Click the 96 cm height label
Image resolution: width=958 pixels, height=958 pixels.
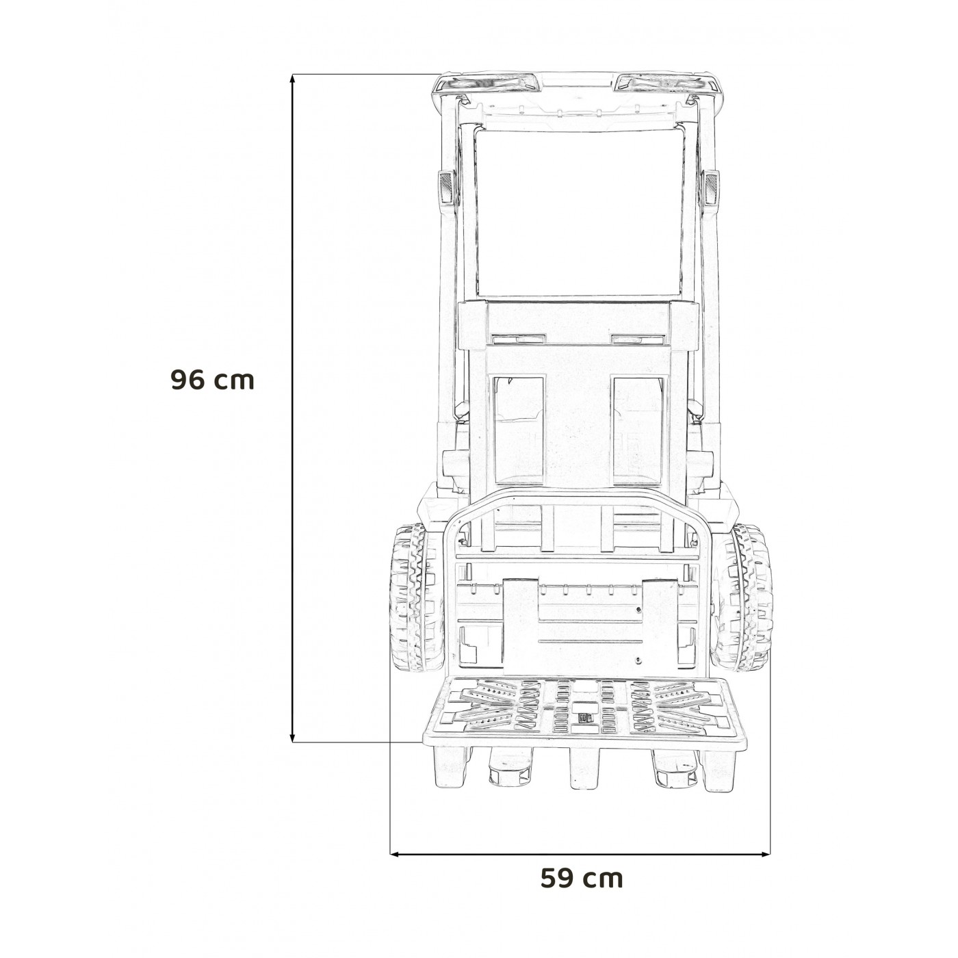tap(212, 380)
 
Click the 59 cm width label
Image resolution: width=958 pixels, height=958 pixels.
tap(582, 878)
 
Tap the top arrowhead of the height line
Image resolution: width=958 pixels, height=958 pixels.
tap(294, 78)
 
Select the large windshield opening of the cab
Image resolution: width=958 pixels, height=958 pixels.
tap(578, 212)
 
